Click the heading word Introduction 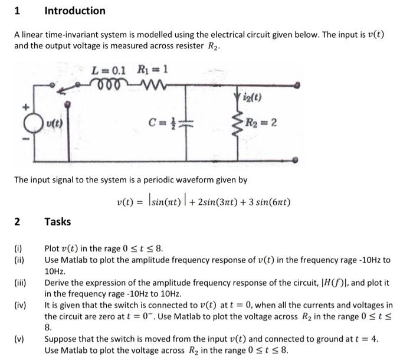pos(75,11)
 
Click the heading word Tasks pos(58,221)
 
